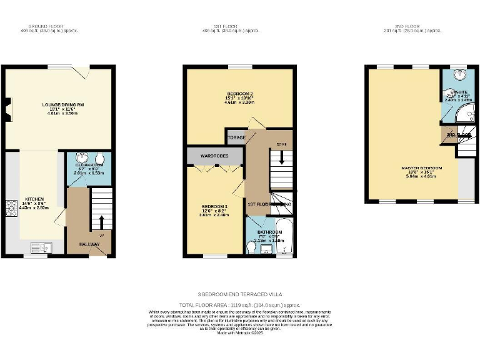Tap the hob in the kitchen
pos(11,207)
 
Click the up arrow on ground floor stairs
pos(101,222)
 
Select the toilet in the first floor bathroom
pos(252,248)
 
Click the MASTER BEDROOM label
pos(421,168)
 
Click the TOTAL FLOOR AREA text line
pos(239,304)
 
